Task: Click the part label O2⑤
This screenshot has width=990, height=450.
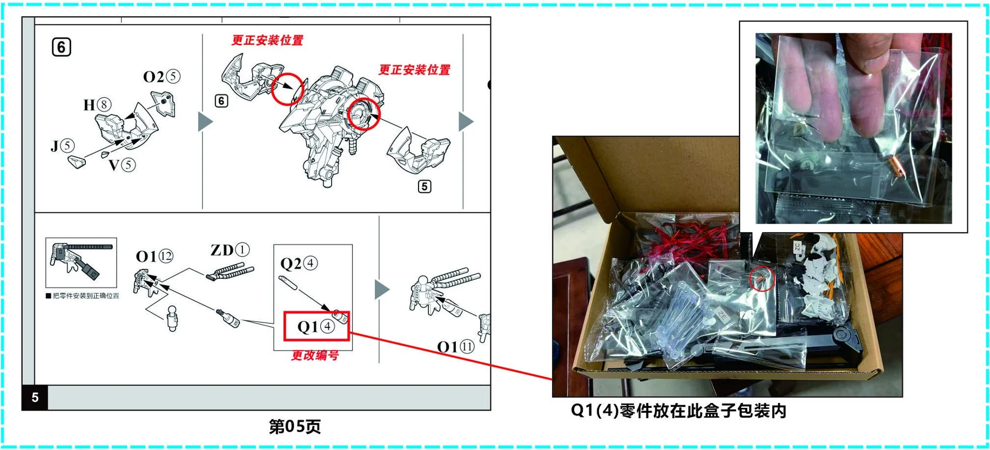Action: (161, 77)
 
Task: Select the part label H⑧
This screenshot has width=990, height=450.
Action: (98, 104)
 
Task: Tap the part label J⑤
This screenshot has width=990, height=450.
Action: (63, 146)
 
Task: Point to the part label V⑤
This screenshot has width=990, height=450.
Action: (122, 165)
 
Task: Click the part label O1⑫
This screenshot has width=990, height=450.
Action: (154, 256)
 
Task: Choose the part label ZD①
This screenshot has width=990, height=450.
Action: (230, 250)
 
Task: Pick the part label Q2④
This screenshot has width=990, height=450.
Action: (299, 264)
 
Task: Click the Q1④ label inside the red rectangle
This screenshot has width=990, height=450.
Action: (316, 327)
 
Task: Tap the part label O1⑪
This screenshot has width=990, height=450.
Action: (455, 347)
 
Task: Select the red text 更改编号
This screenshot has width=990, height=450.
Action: (315, 355)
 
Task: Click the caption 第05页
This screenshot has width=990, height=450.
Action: (295, 427)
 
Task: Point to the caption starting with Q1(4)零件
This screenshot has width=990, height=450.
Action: (678, 411)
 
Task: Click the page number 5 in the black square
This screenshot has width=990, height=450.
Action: (35, 398)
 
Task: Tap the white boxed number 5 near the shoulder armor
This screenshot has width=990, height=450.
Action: (425, 186)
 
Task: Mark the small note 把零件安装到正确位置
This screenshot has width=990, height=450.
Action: (83, 296)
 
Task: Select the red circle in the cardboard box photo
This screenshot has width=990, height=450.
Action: (762, 278)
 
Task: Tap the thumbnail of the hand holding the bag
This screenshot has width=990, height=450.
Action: (853, 128)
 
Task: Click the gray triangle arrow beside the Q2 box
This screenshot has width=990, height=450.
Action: (382, 290)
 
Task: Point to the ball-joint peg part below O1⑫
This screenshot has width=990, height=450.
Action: (172, 318)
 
